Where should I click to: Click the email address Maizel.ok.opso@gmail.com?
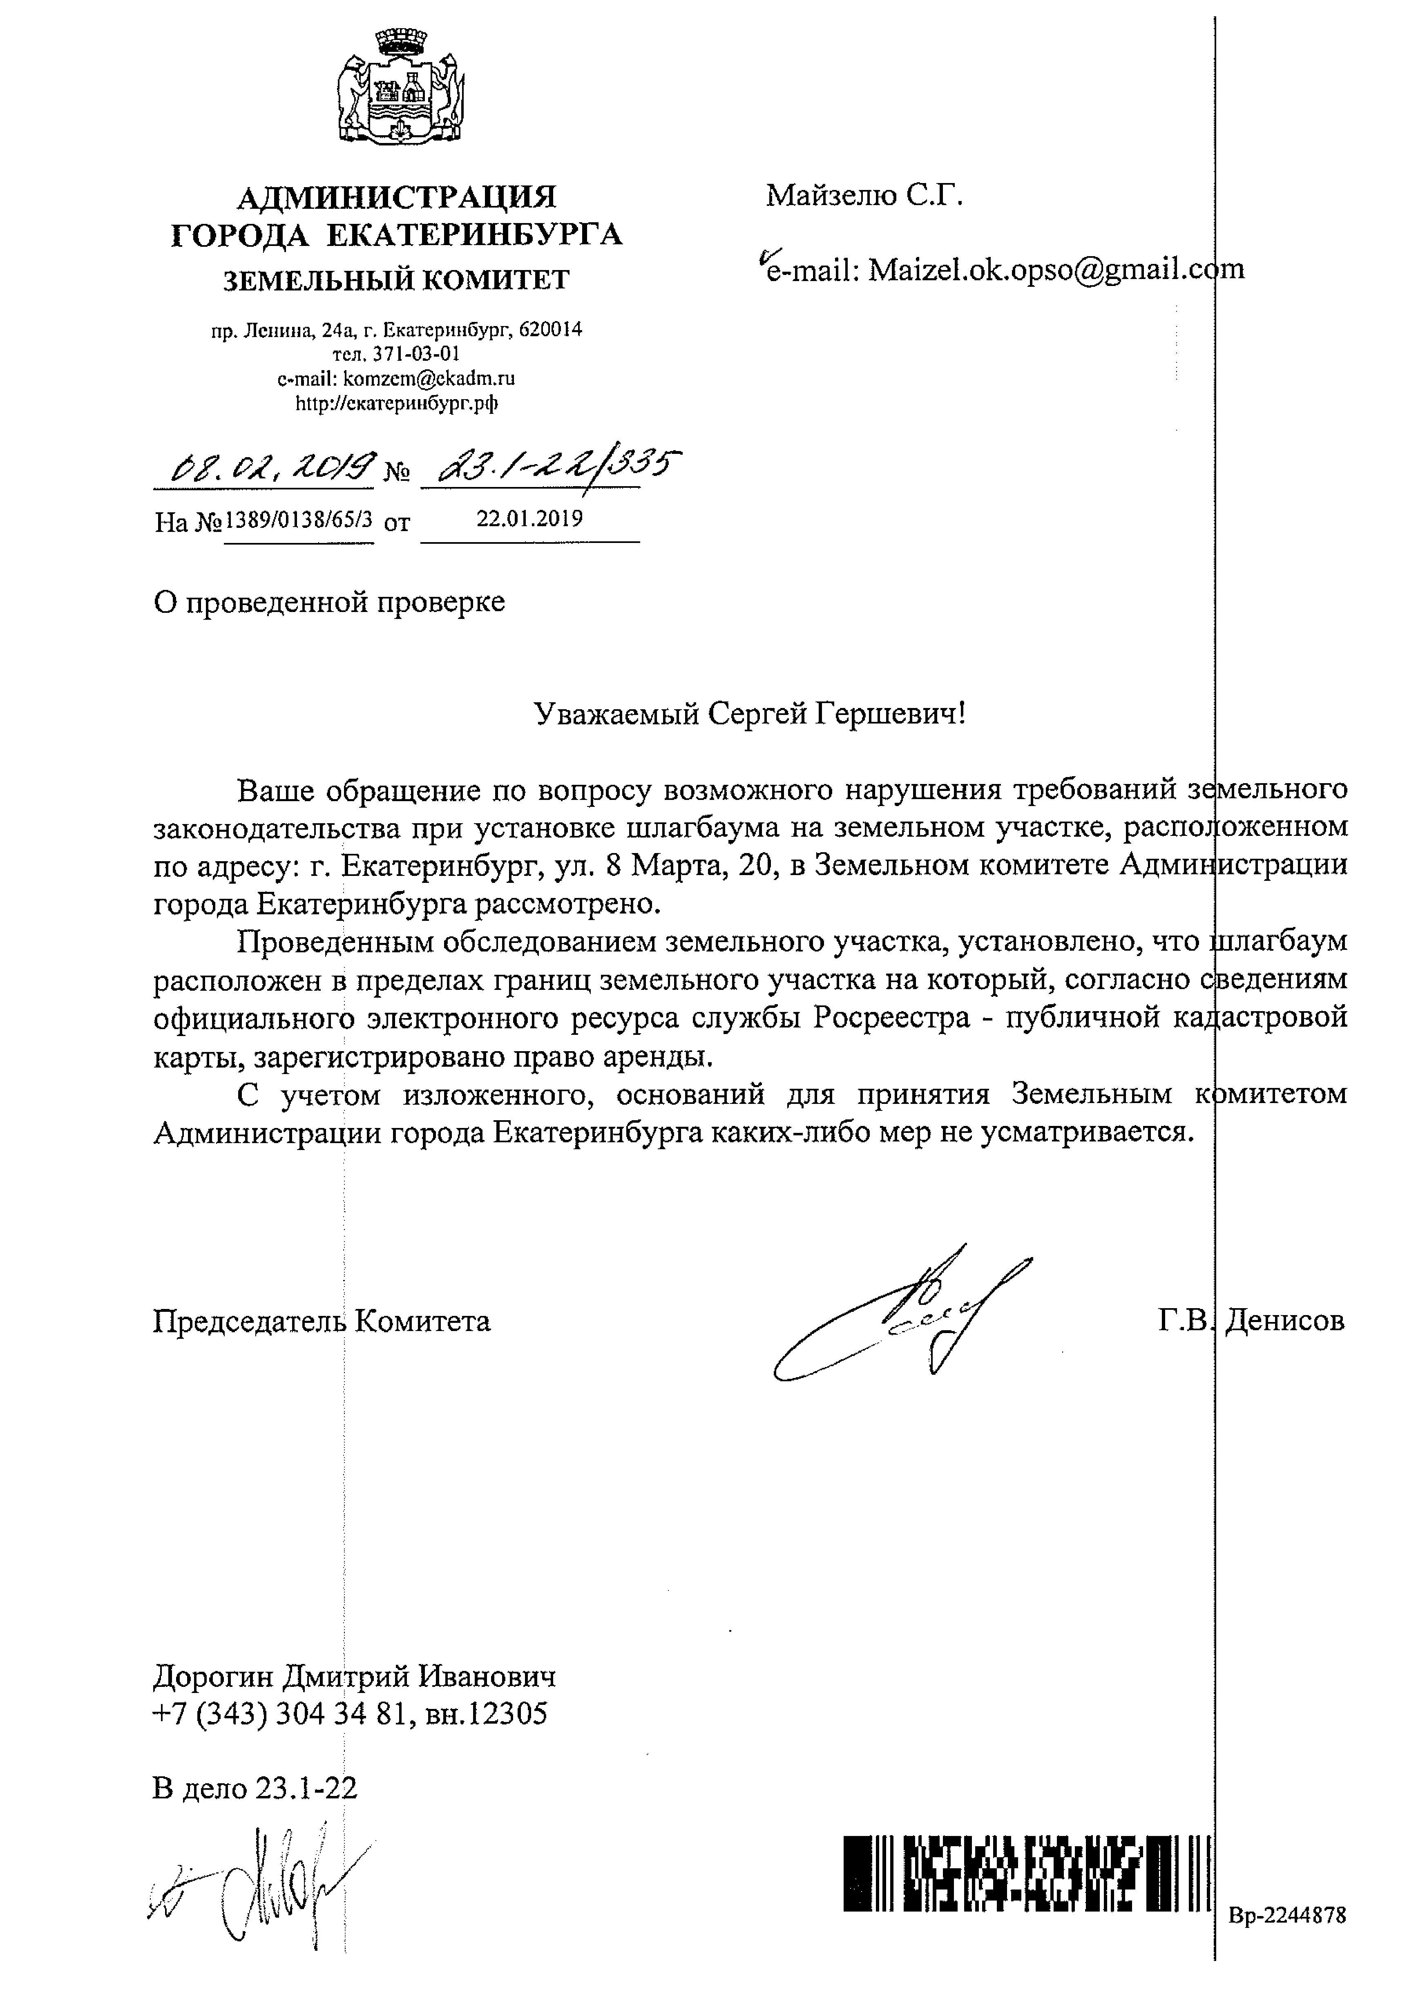point(1056,270)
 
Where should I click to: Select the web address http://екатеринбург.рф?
point(397,403)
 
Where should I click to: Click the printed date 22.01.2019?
point(530,519)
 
